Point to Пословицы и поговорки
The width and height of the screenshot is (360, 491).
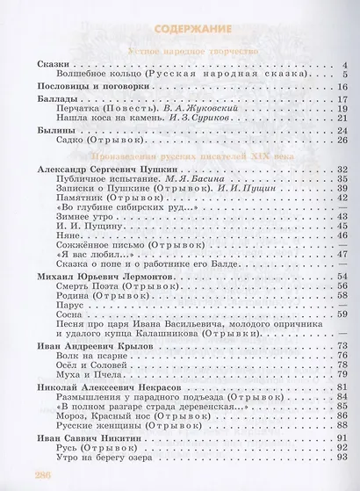(88, 90)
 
